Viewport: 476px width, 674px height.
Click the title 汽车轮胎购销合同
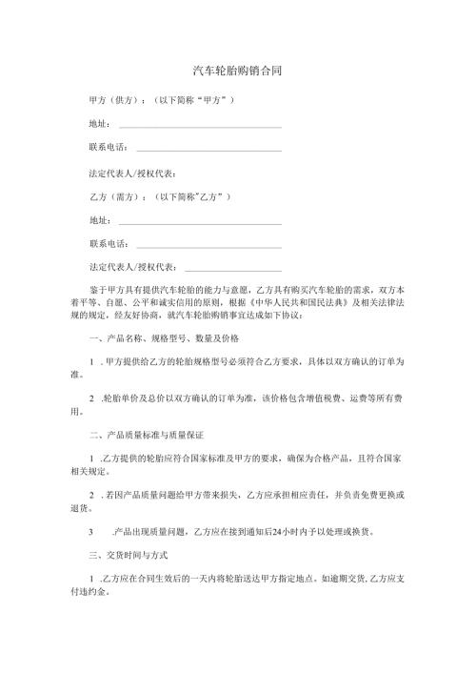tap(237, 71)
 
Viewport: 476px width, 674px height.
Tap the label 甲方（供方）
tap(113, 99)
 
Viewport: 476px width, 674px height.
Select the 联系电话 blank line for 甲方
tap(209, 150)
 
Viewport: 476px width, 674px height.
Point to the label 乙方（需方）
tap(113, 197)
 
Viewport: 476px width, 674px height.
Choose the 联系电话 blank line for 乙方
tap(209, 246)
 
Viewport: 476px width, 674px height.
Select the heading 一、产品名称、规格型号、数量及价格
tap(164, 338)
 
